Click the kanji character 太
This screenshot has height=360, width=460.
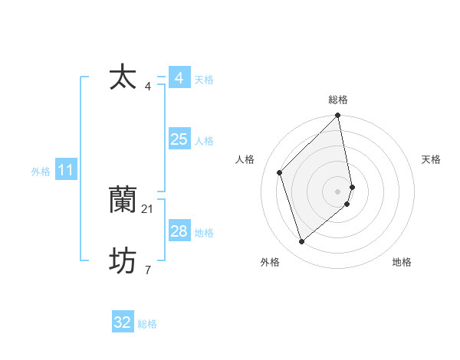tap(123, 78)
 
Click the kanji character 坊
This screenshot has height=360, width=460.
tap(123, 262)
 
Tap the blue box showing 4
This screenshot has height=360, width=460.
tap(179, 78)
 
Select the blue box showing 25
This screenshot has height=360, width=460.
tap(179, 139)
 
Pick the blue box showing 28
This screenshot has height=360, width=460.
tap(179, 231)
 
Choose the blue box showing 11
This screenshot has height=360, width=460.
tap(66, 171)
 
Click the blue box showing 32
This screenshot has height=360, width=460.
tap(122, 322)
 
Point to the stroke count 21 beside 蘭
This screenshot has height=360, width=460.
tap(148, 208)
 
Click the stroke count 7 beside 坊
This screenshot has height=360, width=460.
tap(148, 270)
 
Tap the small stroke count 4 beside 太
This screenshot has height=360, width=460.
tap(148, 86)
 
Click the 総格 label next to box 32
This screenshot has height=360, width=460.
tap(147, 324)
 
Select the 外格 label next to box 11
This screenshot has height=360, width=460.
tap(41, 172)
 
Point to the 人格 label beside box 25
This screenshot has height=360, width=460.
tap(204, 141)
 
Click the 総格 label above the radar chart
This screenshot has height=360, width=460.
tap(338, 100)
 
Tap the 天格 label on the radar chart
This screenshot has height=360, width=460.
tap(432, 159)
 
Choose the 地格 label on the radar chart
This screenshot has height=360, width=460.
tap(402, 262)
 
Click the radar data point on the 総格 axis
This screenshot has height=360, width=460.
tap(338, 116)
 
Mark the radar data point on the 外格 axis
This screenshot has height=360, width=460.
tap(302, 242)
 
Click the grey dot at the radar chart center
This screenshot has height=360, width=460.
tap(338, 191)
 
